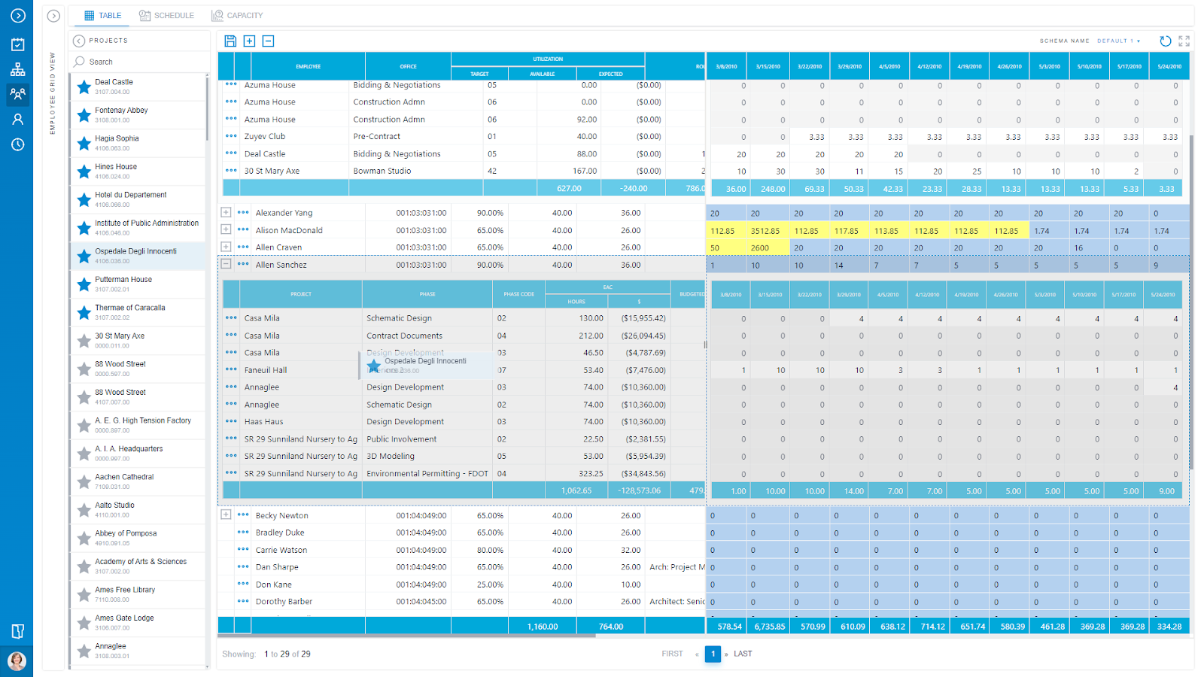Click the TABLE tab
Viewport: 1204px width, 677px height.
click(103, 16)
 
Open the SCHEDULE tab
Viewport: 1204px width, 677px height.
click(166, 16)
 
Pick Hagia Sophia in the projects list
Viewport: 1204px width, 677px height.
click(117, 138)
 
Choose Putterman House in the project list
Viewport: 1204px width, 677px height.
click(123, 280)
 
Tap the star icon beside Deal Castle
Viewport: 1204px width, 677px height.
click(84, 87)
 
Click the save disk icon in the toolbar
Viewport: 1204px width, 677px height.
click(230, 41)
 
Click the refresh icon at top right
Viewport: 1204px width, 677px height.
click(1165, 41)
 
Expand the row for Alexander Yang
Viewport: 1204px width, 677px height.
click(226, 213)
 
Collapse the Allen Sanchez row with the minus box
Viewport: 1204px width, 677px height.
click(226, 264)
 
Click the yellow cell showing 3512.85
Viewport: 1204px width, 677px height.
click(765, 231)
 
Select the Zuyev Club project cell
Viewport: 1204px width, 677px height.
click(265, 137)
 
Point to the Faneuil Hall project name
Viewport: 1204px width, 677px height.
click(266, 370)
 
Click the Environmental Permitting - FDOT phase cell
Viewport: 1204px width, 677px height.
click(427, 474)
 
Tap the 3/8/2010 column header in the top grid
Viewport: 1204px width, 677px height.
click(726, 66)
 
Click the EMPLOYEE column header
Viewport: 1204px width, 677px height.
click(308, 66)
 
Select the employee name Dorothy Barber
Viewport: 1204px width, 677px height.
click(284, 602)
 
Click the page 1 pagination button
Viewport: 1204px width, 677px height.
click(713, 654)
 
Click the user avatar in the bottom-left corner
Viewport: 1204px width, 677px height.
click(17, 661)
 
